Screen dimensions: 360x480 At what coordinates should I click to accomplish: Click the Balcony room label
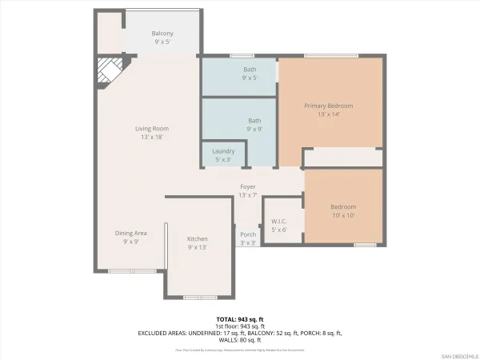pos(162,38)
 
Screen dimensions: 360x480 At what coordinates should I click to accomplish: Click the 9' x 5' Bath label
pos(250,74)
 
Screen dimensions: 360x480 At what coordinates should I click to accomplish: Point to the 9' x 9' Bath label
pos(254,124)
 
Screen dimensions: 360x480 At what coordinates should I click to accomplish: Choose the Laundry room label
pos(223,154)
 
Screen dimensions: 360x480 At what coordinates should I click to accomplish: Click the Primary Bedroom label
pos(328,110)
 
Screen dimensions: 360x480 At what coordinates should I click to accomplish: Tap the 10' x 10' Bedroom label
pos(343,210)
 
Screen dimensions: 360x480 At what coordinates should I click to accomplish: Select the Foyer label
pos(247,190)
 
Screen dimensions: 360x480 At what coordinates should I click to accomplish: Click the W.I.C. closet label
pos(279,226)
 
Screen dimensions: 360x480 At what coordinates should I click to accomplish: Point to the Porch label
pos(248,238)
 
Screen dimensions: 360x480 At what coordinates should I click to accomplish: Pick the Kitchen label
pos(198,242)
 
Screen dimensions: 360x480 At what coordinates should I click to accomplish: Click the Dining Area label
pos(130,237)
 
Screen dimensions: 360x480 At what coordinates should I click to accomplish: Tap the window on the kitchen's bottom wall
pos(199,297)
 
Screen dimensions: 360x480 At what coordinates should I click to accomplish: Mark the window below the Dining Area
pos(126,271)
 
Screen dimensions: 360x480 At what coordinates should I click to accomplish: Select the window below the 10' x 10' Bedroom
pos(366,244)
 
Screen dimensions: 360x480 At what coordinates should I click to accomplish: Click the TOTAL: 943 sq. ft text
pos(239,319)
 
